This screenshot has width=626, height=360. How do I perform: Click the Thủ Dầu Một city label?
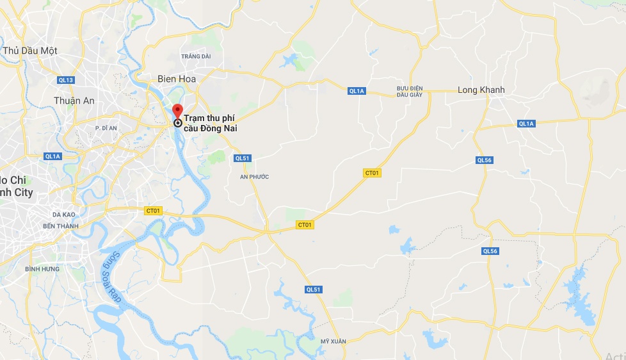[30, 51]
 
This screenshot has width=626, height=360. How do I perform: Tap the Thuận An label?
[74, 101]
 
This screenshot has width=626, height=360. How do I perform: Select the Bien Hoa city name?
[177, 79]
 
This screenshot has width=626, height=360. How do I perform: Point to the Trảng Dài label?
[196, 56]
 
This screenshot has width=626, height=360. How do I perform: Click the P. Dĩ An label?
[106, 128]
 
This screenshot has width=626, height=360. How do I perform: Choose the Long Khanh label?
[481, 90]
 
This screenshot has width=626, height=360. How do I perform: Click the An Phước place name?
[254, 176]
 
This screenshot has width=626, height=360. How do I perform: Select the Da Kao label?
[65, 215]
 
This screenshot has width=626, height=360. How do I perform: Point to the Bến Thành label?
[60, 226]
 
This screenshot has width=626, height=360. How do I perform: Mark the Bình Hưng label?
[42, 269]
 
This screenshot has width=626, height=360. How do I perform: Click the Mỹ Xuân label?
[333, 341]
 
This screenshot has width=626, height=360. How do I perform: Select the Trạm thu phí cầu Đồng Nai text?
[211, 124]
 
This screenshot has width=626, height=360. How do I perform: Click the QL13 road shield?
[66, 80]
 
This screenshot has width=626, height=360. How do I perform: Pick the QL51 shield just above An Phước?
[242, 158]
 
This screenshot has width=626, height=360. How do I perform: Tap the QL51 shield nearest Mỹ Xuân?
[313, 290]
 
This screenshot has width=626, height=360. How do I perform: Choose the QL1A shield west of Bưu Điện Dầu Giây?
[357, 91]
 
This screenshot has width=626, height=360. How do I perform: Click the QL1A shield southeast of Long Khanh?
[526, 124]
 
